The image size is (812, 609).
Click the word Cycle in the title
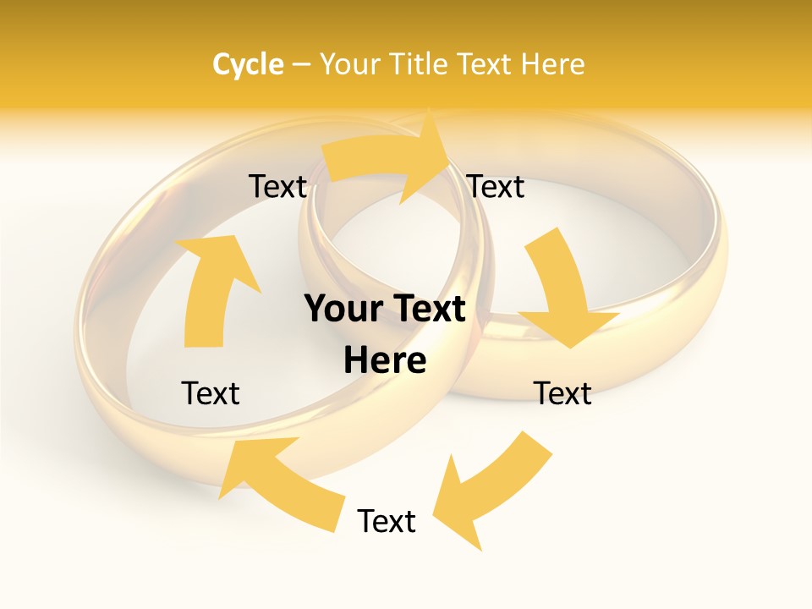248,64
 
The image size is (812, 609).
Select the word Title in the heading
420,64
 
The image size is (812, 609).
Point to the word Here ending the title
552,64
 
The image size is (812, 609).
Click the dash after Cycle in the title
301,64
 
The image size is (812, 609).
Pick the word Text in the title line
485,64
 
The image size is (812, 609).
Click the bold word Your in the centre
343,310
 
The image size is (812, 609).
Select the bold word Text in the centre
427,310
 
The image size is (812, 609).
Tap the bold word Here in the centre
385,360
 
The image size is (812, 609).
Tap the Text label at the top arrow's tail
277,187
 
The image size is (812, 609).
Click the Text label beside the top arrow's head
496,187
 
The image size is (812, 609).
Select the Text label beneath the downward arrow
562,393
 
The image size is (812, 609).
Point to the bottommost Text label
387,521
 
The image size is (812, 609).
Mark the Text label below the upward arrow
211,393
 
